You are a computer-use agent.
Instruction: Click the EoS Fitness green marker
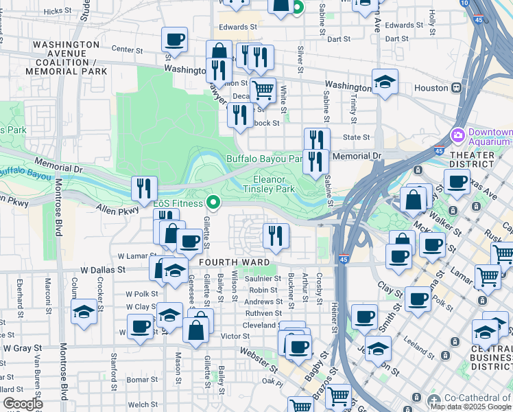(213, 203)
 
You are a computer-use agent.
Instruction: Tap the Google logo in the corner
(23, 404)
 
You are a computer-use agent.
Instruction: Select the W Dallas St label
(104, 271)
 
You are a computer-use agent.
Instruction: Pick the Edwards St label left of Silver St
(237, 27)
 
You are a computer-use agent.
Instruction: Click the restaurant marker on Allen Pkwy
(144, 187)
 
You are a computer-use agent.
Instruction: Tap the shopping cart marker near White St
(262, 89)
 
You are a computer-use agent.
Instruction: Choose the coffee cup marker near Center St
(175, 38)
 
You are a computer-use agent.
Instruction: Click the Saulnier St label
(264, 278)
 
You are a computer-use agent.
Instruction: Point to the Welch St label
(143, 404)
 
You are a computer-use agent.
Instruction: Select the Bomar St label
(142, 379)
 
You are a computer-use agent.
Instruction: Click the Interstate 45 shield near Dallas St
(343, 260)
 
